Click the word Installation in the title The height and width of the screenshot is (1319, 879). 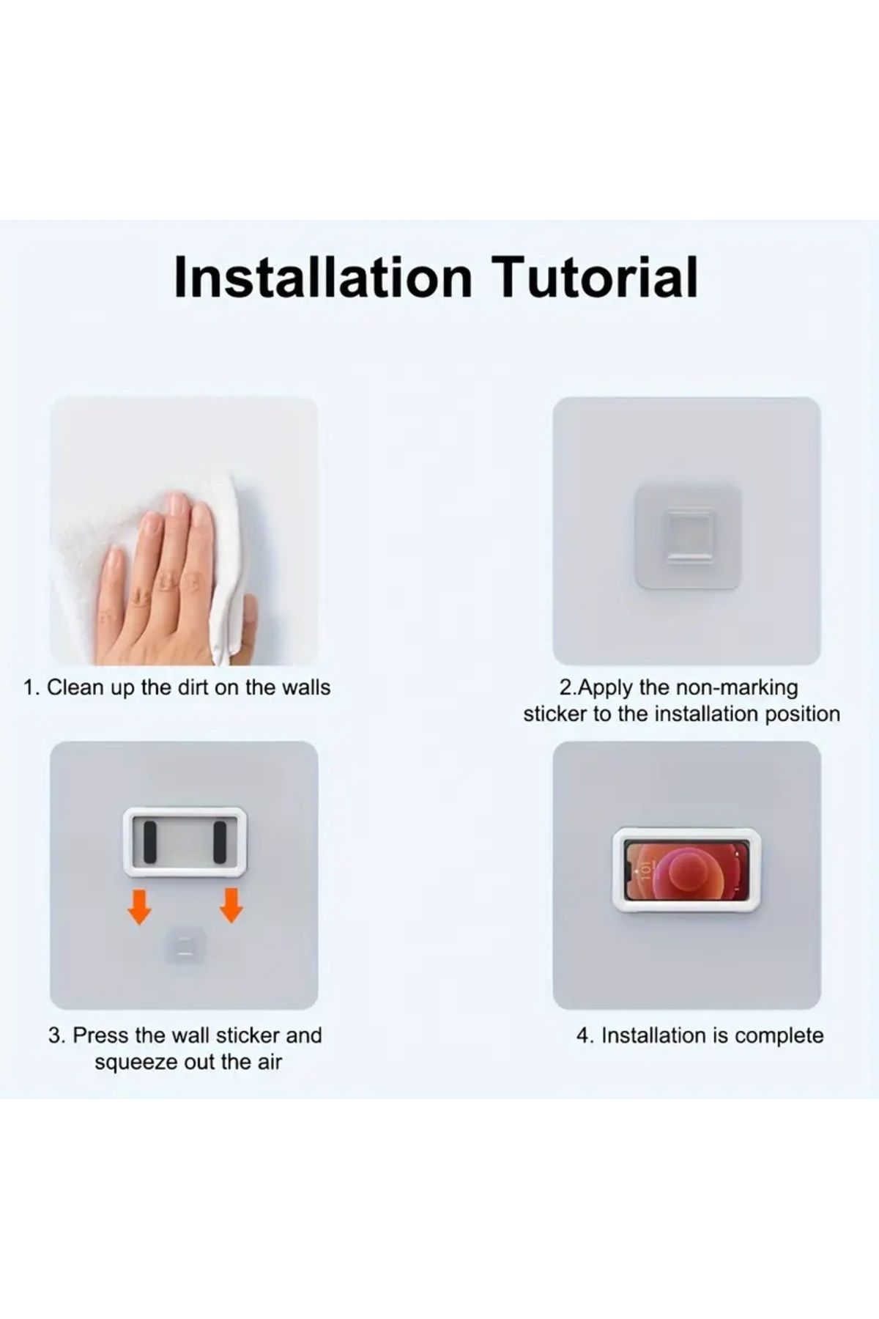[323, 277]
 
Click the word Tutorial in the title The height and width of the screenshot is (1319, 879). [594, 277]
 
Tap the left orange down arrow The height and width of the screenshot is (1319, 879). [139, 905]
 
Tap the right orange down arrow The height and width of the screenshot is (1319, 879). [231, 905]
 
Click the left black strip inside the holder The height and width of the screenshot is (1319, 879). [150, 842]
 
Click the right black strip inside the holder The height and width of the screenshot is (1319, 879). [219, 842]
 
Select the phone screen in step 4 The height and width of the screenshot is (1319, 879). [686, 871]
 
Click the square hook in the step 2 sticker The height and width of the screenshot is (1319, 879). [687, 536]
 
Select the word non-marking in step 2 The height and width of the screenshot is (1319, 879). [736, 687]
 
